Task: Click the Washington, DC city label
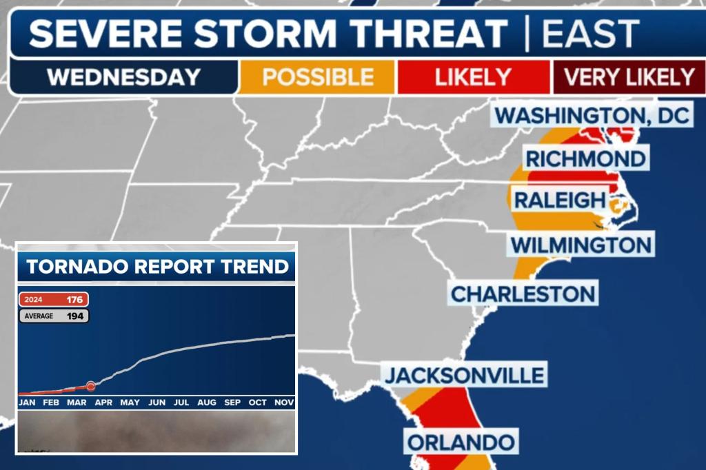tap(592, 114)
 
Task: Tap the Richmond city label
tap(585, 159)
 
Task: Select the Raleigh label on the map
tap(559, 201)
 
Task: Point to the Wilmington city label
tap(581, 244)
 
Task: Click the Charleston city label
tap(523, 294)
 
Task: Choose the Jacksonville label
tap(464, 376)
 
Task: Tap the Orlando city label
tap(461, 441)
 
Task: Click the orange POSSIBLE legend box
tap(318, 76)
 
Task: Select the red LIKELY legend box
tap(473, 76)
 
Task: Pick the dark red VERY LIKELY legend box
tap(628, 76)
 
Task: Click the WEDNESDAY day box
tap(123, 76)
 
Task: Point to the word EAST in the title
tap(591, 33)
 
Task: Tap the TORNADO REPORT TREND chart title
tap(157, 266)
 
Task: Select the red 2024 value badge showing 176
tap(54, 300)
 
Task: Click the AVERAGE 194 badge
tap(54, 316)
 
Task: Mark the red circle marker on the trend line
tap(90, 386)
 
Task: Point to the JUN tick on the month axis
tap(157, 402)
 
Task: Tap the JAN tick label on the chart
tap(27, 402)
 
